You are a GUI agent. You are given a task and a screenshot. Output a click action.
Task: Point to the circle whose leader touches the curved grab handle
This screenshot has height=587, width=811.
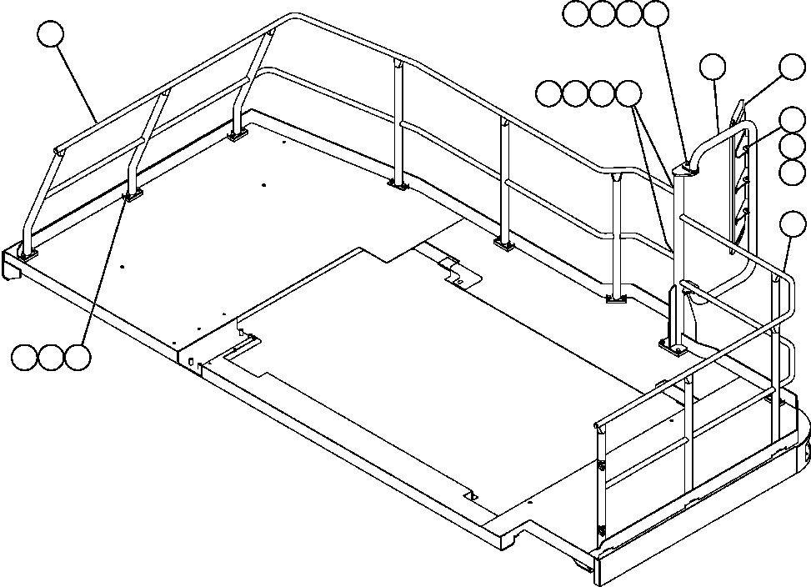pos(713,68)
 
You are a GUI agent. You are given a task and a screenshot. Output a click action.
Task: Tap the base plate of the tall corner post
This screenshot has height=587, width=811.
pos(673,345)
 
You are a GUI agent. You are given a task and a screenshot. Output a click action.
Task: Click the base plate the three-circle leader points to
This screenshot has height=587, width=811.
pos(131,195)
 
